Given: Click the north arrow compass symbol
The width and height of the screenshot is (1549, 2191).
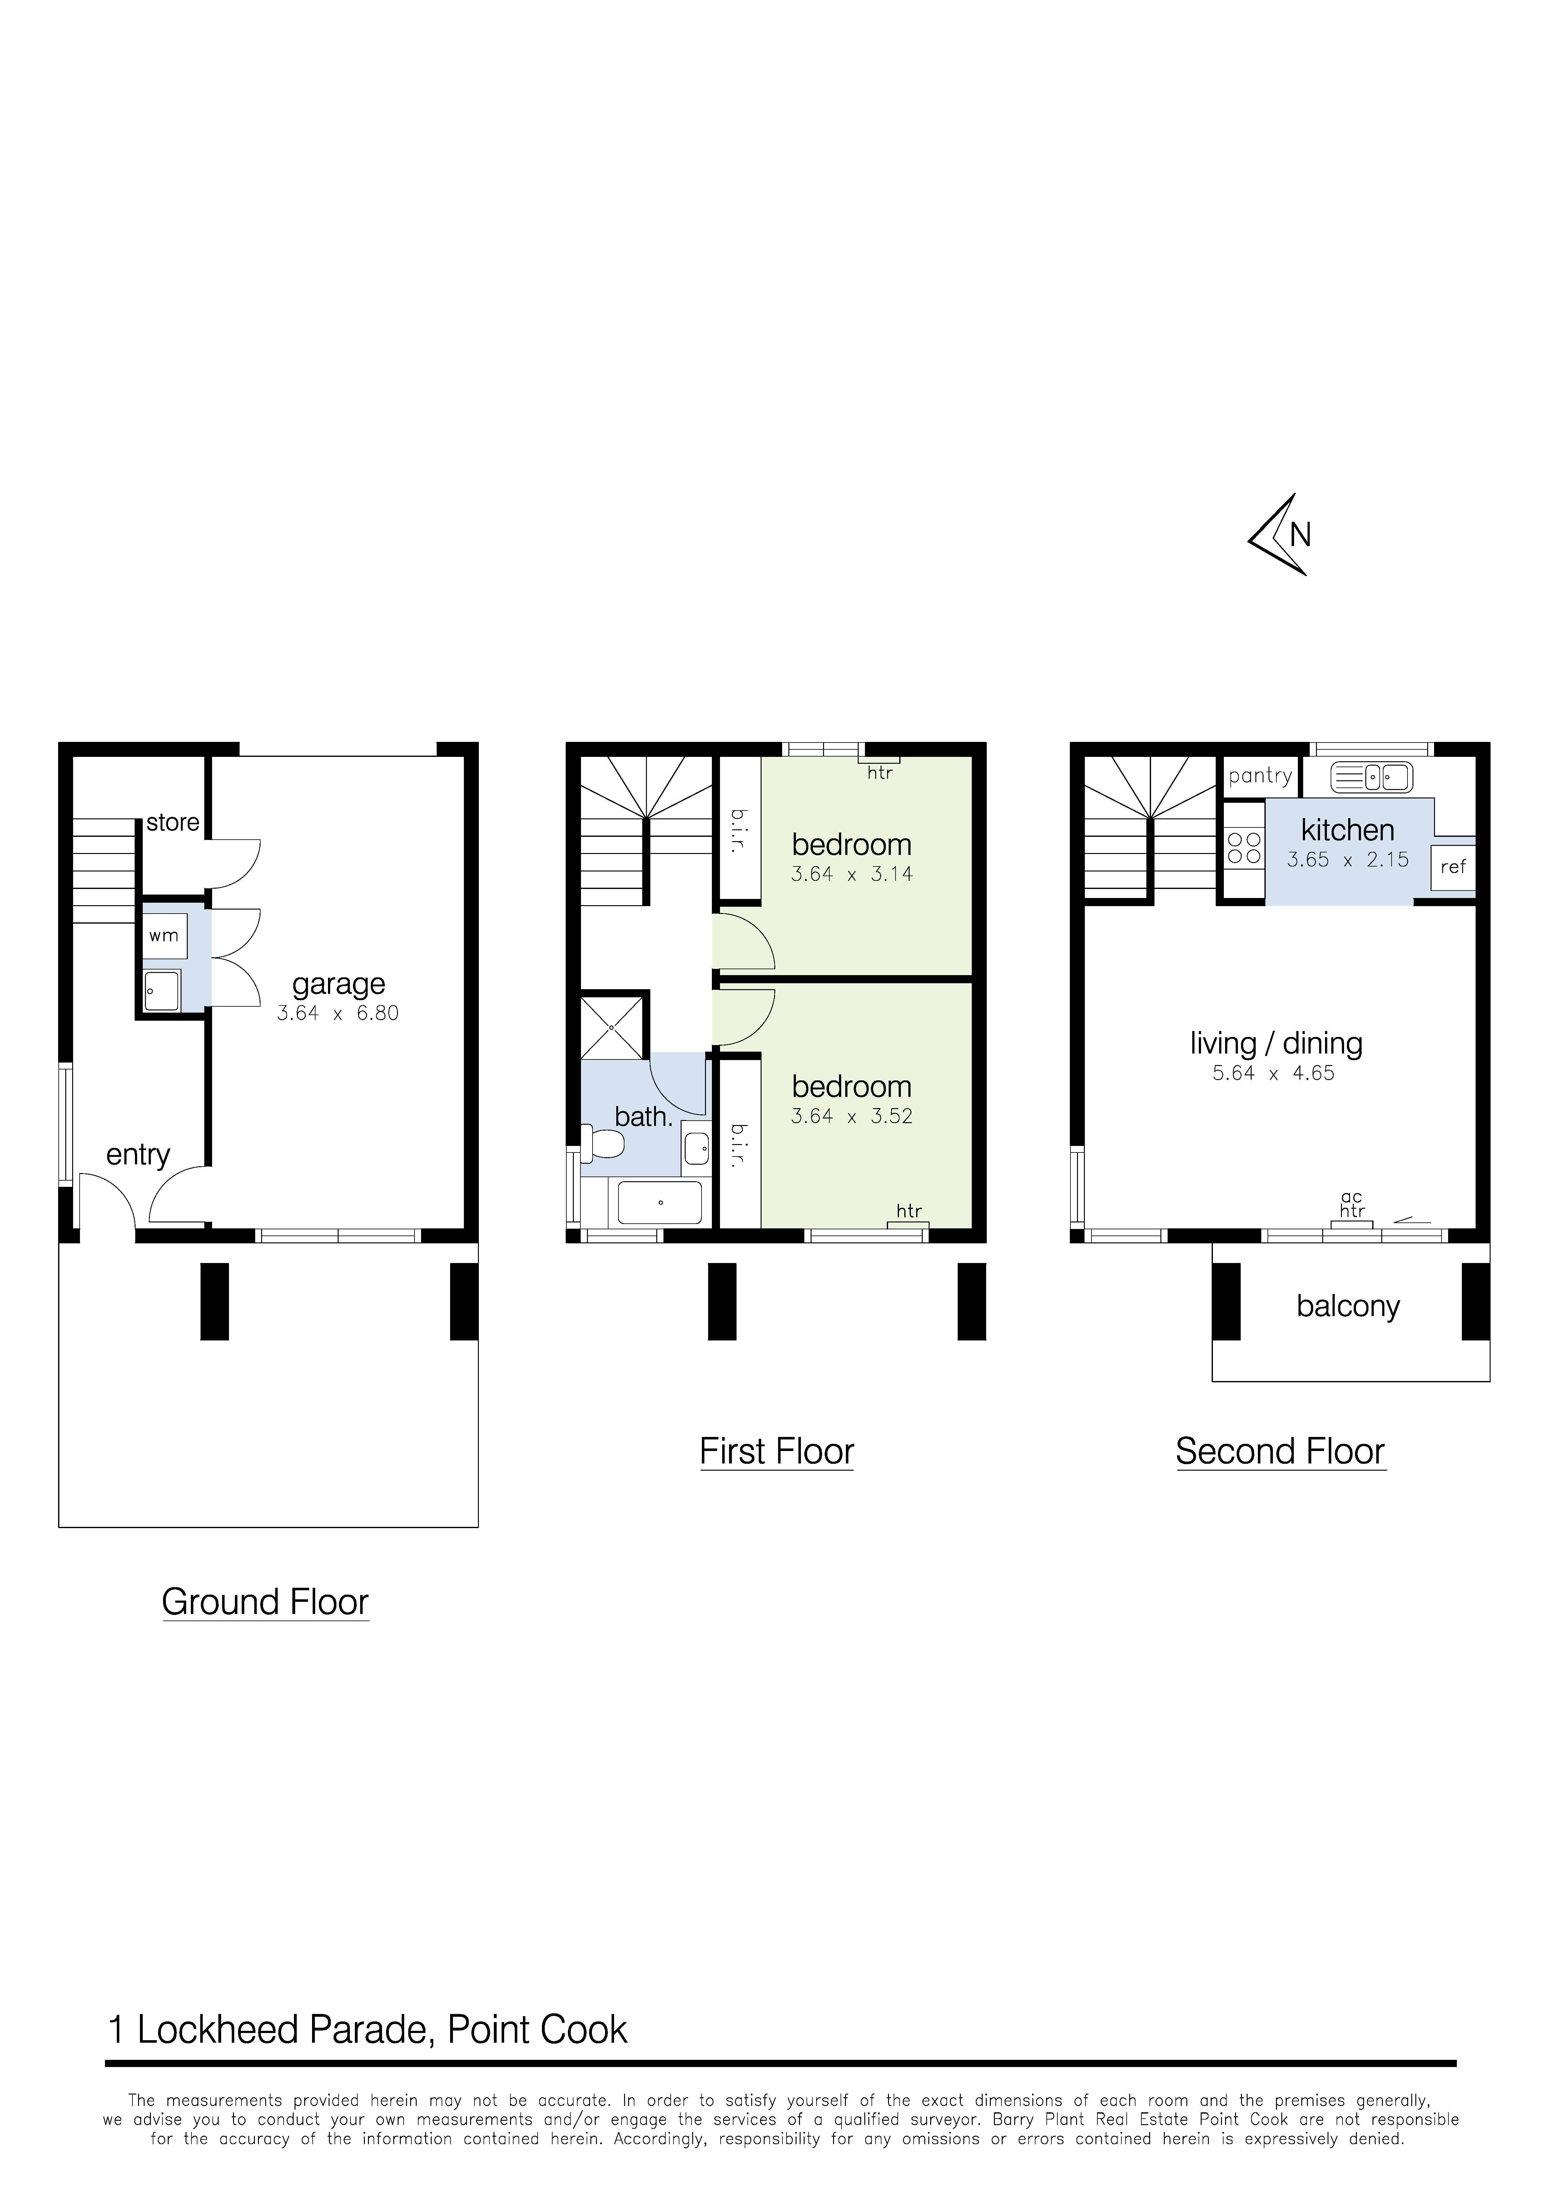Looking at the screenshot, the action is [x=1279, y=534].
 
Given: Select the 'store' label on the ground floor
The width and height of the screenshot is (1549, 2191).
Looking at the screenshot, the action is [x=173, y=822].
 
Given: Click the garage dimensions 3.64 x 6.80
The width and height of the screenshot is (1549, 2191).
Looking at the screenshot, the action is [x=338, y=1014].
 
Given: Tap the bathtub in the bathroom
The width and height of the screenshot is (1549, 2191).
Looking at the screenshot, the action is [x=659, y=1202].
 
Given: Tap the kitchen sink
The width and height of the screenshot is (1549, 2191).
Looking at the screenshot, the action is [x=1372, y=778].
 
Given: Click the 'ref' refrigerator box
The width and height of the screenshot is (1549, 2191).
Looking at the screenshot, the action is [x=1452, y=867].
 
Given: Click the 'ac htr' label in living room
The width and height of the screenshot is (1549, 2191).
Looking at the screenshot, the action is [x=1352, y=1204].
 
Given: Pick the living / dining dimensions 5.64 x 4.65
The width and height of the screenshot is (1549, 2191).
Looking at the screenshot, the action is [x=1273, y=1073].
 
